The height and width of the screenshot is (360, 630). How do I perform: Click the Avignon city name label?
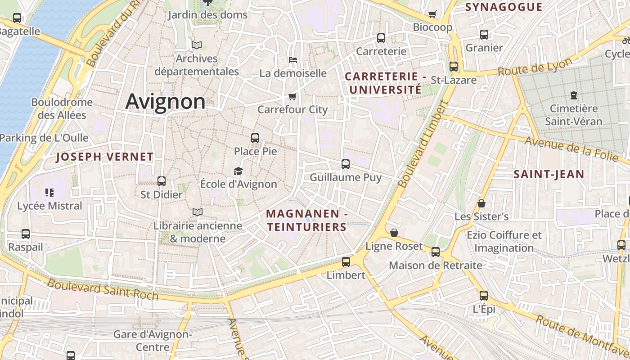[165, 101]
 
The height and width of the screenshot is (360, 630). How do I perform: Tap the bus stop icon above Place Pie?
[255, 138]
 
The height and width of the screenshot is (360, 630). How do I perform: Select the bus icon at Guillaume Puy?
[346, 164]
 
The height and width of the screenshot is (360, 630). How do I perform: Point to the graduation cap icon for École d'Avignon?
[238, 171]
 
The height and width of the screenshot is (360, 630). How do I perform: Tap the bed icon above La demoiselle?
[292, 59]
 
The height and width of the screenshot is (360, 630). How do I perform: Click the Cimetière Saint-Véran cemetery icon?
[574, 95]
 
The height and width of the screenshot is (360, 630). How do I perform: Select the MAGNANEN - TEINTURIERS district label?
[307, 220]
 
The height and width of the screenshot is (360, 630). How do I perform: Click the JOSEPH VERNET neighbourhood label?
[105, 157]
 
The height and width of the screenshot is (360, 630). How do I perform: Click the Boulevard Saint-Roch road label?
[103, 289]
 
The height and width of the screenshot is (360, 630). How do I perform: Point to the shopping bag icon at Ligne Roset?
[394, 233]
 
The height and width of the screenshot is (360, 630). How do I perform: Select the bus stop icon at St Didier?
[162, 181]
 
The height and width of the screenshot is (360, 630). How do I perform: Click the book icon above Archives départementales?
[197, 45]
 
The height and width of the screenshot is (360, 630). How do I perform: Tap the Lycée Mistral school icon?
[49, 193]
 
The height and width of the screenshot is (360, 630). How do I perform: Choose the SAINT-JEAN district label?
[549, 174]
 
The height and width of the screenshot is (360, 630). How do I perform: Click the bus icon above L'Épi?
[484, 296]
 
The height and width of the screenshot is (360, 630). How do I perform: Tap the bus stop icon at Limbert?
[346, 261]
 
